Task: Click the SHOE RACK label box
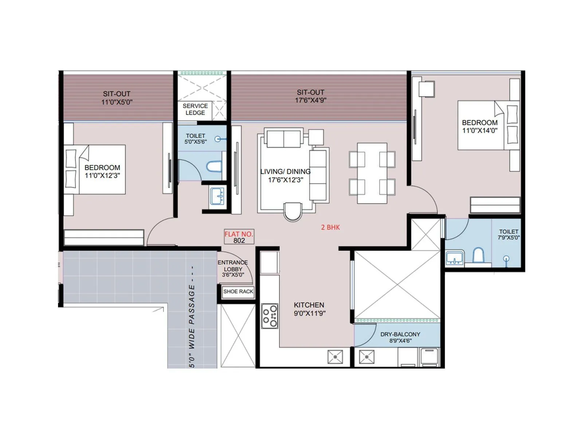click(x=238, y=291)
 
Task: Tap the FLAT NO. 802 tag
click(x=239, y=237)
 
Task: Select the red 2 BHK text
click(x=330, y=227)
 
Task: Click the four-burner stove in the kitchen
click(x=270, y=316)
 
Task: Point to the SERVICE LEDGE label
click(x=195, y=109)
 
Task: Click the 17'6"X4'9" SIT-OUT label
click(x=310, y=96)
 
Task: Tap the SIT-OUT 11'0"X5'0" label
click(x=117, y=98)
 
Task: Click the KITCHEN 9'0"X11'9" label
click(x=309, y=309)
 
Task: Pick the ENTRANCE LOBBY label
click(x=233, y=268)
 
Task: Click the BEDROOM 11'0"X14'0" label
click(x=480, y=126)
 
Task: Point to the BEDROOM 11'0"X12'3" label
click(x=102, y=171)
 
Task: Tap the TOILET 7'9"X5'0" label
click(x=508, y=234)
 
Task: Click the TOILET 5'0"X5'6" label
click(x=196, y=138)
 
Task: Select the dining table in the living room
click(x=372, y=173)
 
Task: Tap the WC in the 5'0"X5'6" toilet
click(x=214, y=166)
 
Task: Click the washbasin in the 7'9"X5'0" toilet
click(x=455, y=258)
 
